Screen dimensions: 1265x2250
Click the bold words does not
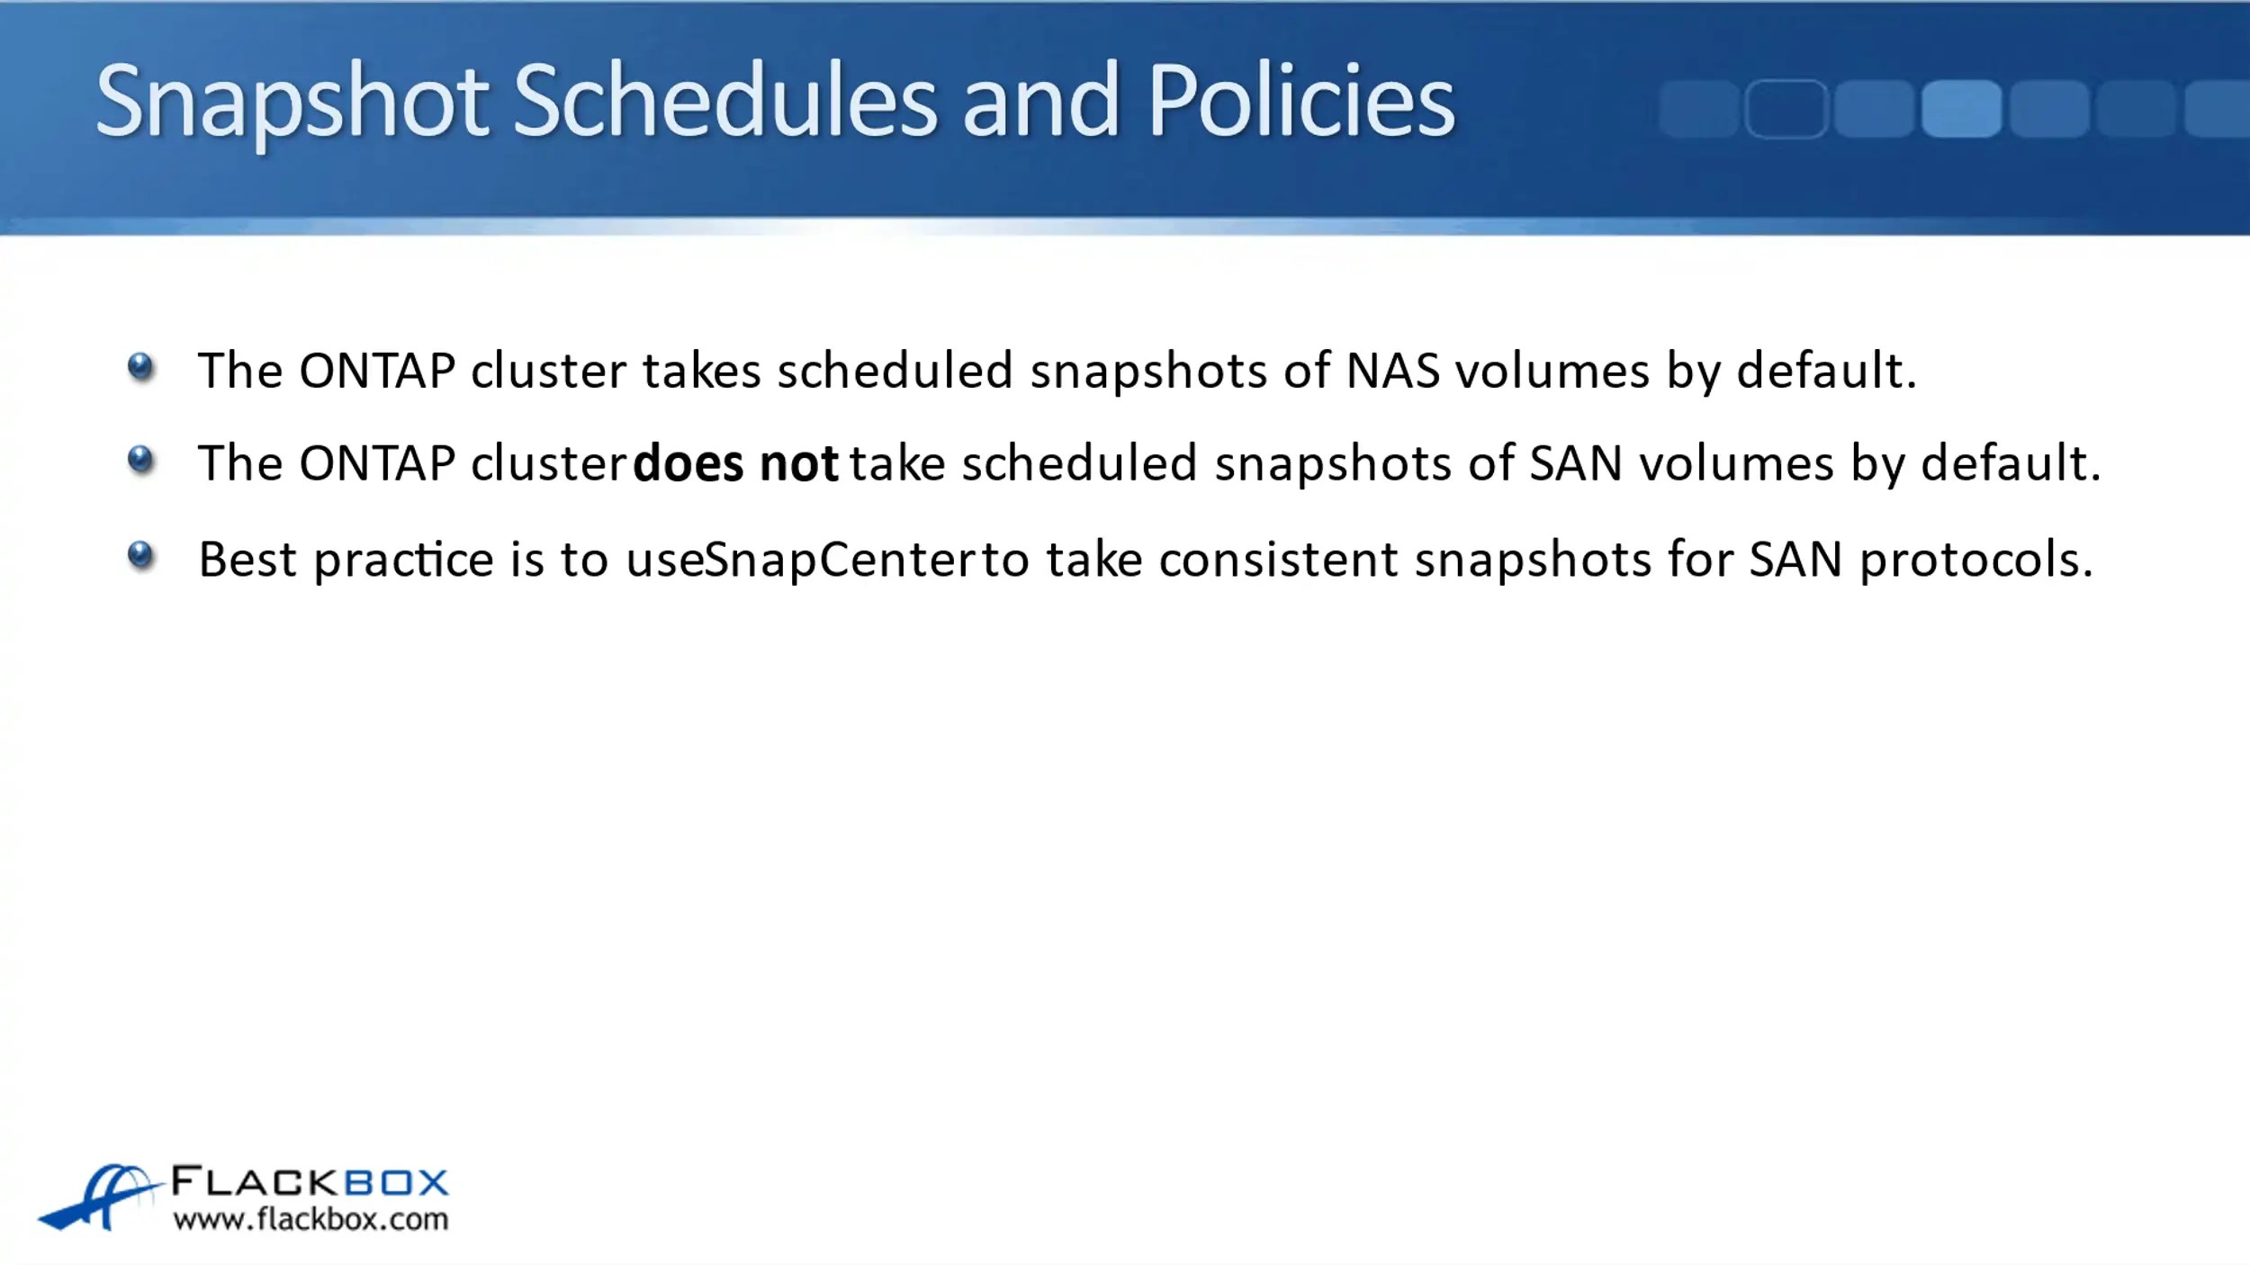735,464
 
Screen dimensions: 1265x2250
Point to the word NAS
1392,371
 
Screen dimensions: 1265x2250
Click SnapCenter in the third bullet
841,560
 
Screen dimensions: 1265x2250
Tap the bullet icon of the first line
141,367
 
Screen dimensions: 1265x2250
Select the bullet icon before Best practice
141,555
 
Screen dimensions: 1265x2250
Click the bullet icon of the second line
141,460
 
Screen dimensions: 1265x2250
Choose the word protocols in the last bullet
1975,560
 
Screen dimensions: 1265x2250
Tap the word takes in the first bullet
702,371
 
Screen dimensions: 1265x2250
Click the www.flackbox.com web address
310,1220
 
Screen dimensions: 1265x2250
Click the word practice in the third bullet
403,560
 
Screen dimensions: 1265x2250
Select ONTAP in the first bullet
377,371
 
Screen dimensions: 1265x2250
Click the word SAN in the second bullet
1576,464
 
